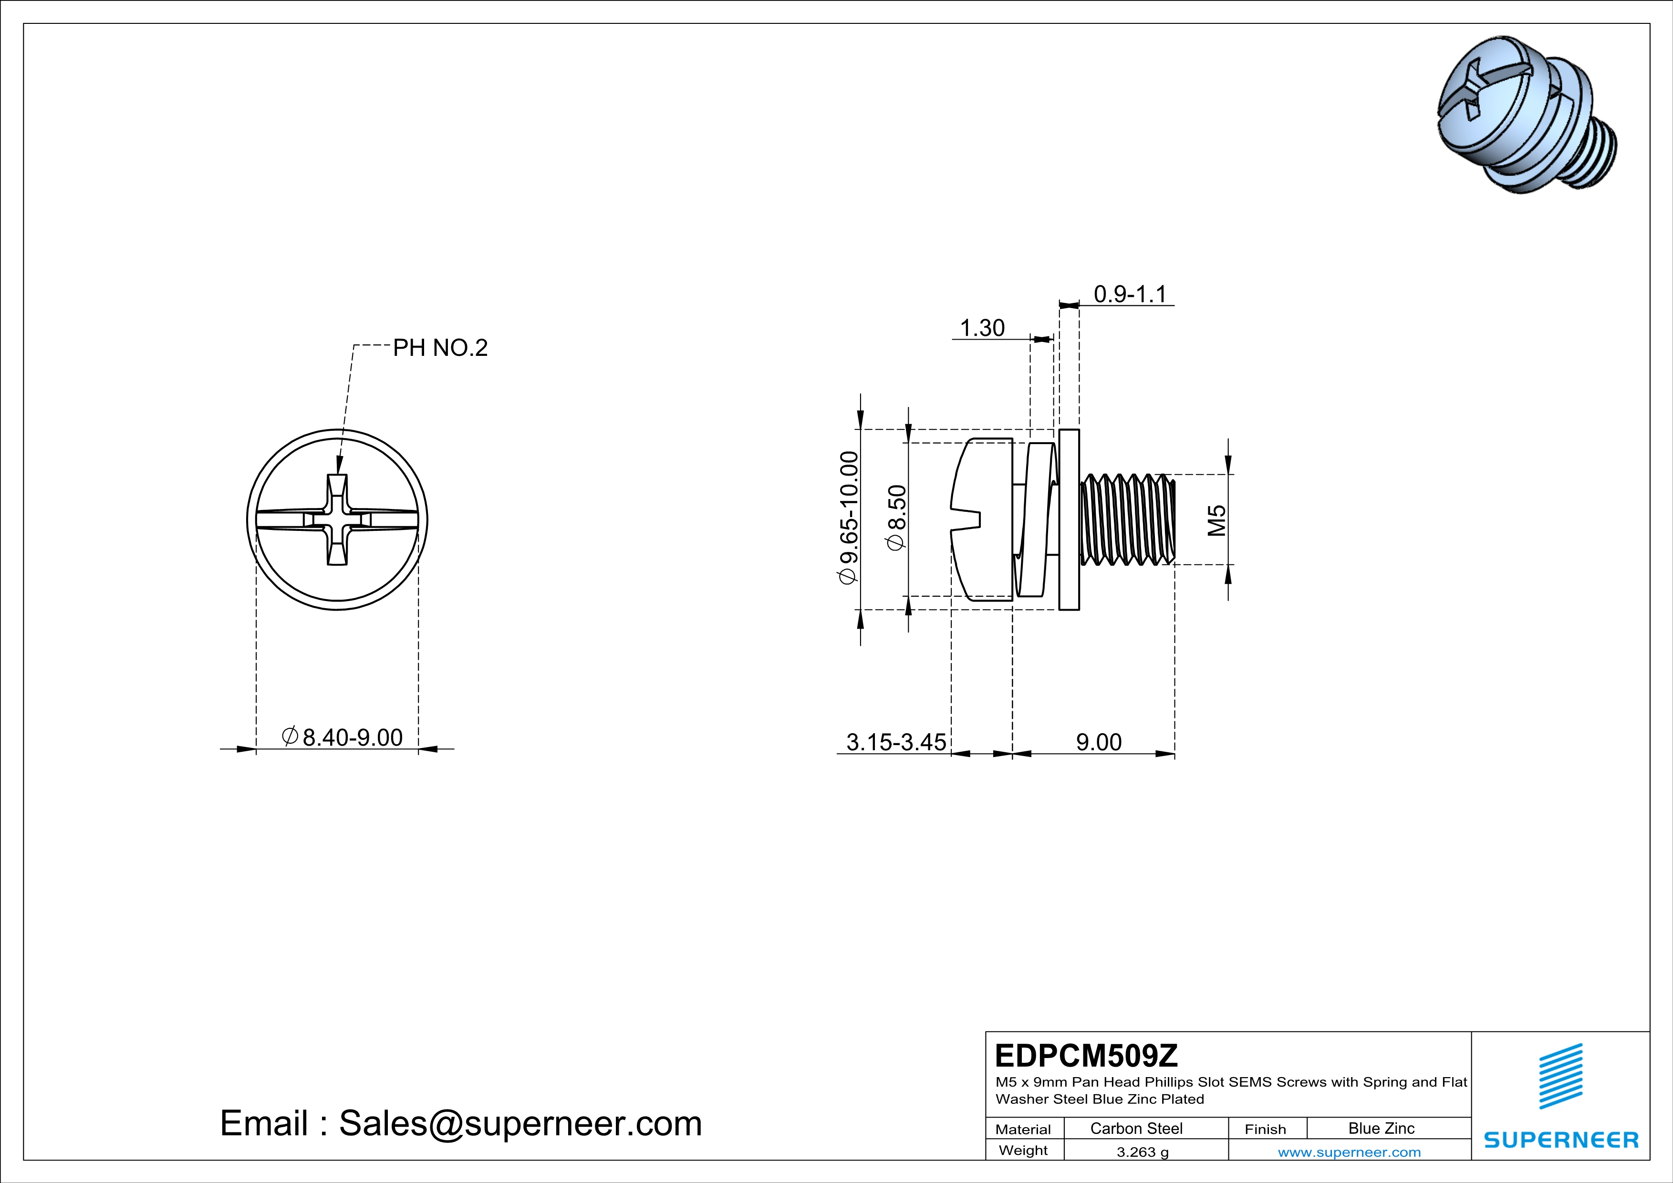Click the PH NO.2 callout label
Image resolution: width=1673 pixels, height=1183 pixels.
click(440, 348)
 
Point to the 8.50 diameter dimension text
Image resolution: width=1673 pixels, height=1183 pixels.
click(897, 518)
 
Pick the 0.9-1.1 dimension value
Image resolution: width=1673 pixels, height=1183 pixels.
click(1130, 294)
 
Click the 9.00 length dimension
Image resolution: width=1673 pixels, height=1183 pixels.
click(1099, 742)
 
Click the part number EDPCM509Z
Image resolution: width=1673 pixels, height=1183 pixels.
click(1086, 1056)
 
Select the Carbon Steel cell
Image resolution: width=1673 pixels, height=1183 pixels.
click(1136, 1128)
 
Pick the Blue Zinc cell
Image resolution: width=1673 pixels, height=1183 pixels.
click(1381, 1128)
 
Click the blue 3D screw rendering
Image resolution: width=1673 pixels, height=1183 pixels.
click(1527, 116)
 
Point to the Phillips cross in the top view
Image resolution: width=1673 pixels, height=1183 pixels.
click(337, 519)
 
